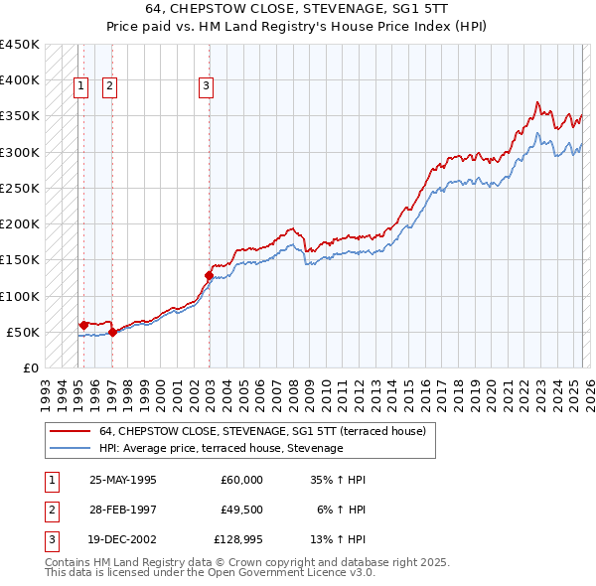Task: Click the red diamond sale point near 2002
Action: [210, 274]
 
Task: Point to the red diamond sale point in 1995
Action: [83, 324]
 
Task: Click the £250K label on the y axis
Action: [20, 188]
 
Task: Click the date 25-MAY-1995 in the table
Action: [123, 480]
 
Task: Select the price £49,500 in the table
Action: [241, 510]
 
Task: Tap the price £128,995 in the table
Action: [238, 539]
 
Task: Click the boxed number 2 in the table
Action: [51, 510]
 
